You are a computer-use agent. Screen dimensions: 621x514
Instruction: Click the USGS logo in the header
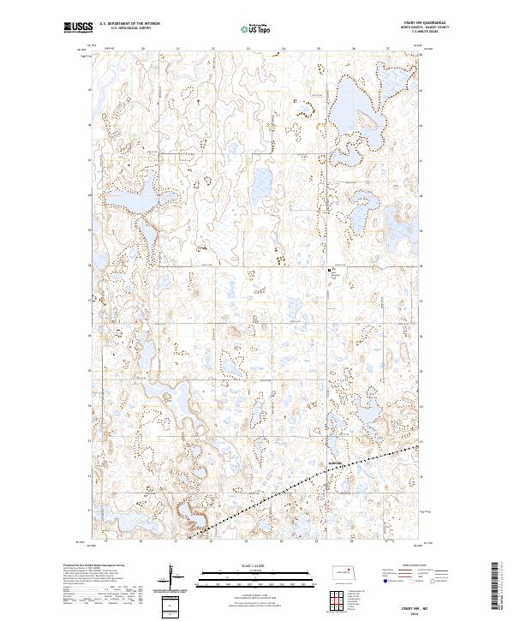pos(77,27)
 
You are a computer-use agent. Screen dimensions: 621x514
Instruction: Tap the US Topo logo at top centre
pos(256,27)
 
